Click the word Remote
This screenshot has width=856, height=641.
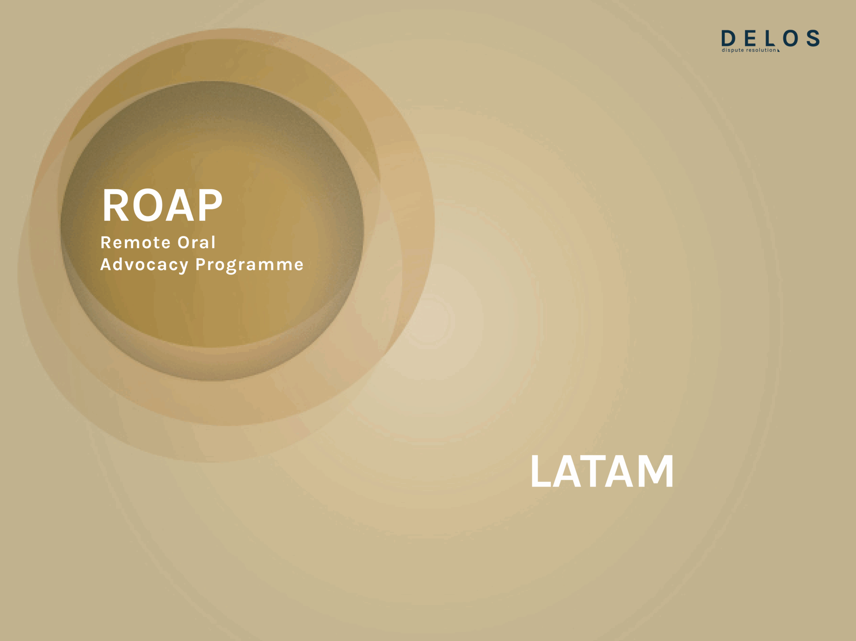tap(135, 243)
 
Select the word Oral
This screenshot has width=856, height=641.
tap(196, 243)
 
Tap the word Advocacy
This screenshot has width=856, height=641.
tap(144, 265)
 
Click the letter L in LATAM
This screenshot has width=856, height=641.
tap(541, 471)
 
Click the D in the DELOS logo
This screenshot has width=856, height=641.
tap(728, 38)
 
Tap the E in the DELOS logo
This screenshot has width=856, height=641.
tap(750, 38)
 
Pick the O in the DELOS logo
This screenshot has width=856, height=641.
tap(790, 38)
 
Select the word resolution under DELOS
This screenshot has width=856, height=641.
tap(761, 50)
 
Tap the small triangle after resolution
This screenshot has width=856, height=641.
tap(778, 50)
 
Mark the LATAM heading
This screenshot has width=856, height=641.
tap(603, 471)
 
